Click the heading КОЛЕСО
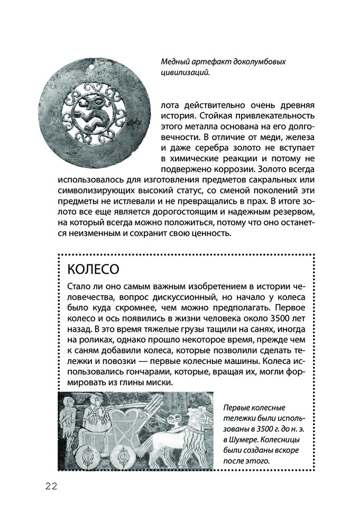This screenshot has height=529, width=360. point(93,269)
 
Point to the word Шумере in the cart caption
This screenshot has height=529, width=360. point(249,440)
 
